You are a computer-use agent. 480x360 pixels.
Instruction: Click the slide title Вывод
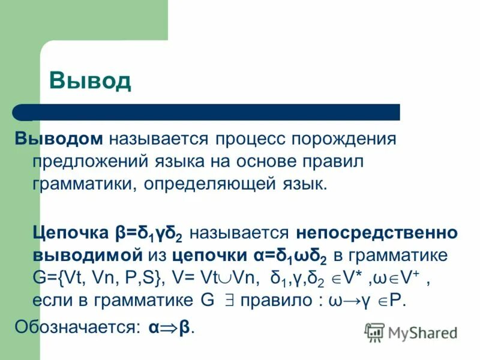click(89, 80)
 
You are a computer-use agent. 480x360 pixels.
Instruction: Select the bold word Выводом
click(59, 139)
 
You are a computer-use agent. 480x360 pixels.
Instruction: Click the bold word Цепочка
click(71, 232)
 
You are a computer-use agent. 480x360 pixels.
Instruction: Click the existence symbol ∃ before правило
click(228, 300)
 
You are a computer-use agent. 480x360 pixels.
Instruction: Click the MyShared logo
click(411, 332)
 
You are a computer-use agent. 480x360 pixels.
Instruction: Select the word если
click(52, 299)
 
